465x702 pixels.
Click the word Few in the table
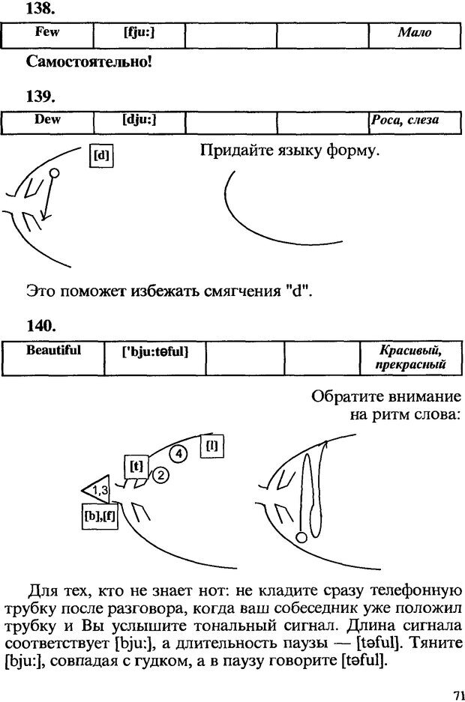pyautogui.click(x=47, y=32)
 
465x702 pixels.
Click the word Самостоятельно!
pyautogui.click(x=89, y=61)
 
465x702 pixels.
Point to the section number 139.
pyautogui.click(x=40, y=96)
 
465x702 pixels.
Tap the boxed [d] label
pyautogui.click(x=100, y=157)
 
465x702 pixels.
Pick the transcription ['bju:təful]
pyautogui.click(x=154, y=351)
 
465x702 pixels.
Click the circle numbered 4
pyautogui.click(x=178, y=453)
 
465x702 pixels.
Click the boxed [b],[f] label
pyautogui.click(x=98, y=516)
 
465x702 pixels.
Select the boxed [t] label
pyautogui.click(x=136, y=467)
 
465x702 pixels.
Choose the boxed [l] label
pyautogui.click(x=212, y=447)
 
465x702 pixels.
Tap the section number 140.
pyautogui.click(x=40, y=325)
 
